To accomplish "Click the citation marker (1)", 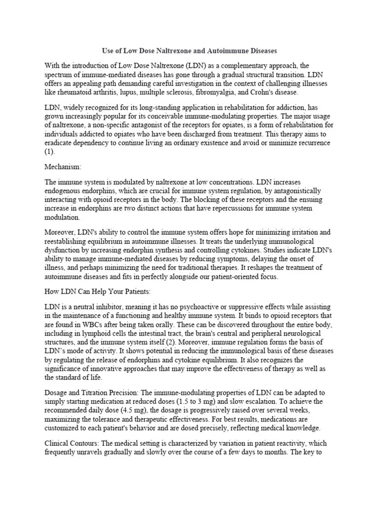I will click(50, 152).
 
